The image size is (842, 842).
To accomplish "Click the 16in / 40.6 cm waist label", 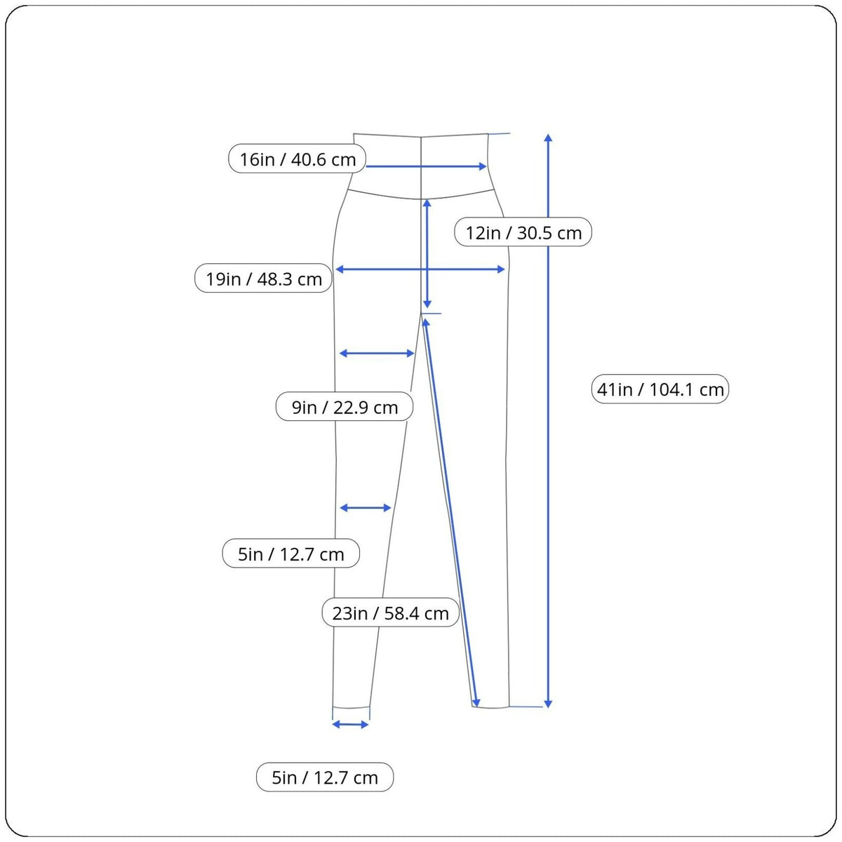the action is click(297, 159).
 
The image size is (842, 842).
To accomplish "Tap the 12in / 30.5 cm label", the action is click(523, 232).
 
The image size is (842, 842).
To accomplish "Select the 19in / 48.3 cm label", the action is click(264, 278).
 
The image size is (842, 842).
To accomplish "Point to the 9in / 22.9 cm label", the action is click(345, 406).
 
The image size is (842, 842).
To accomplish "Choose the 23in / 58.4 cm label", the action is click(391, 613).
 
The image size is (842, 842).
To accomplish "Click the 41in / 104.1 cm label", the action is click(660, 389).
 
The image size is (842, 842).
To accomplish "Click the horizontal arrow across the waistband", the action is click(426, 166).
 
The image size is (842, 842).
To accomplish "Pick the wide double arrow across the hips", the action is click(420, 269).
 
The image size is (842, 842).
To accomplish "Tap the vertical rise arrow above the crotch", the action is click(427, 253).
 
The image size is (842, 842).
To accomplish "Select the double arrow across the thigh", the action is click(377, 353).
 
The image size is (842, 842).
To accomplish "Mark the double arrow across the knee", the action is click(366, 508).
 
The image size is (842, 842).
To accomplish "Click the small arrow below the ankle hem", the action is click(350, 725).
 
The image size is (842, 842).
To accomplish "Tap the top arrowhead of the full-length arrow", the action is click(549, 138).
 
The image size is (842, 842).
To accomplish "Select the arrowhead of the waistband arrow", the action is click(483, 166).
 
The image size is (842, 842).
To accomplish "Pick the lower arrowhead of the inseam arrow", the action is click(476, 702).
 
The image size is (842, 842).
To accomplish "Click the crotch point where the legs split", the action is click(421, 313).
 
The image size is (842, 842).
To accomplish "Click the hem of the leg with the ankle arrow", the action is click(351, 707).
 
